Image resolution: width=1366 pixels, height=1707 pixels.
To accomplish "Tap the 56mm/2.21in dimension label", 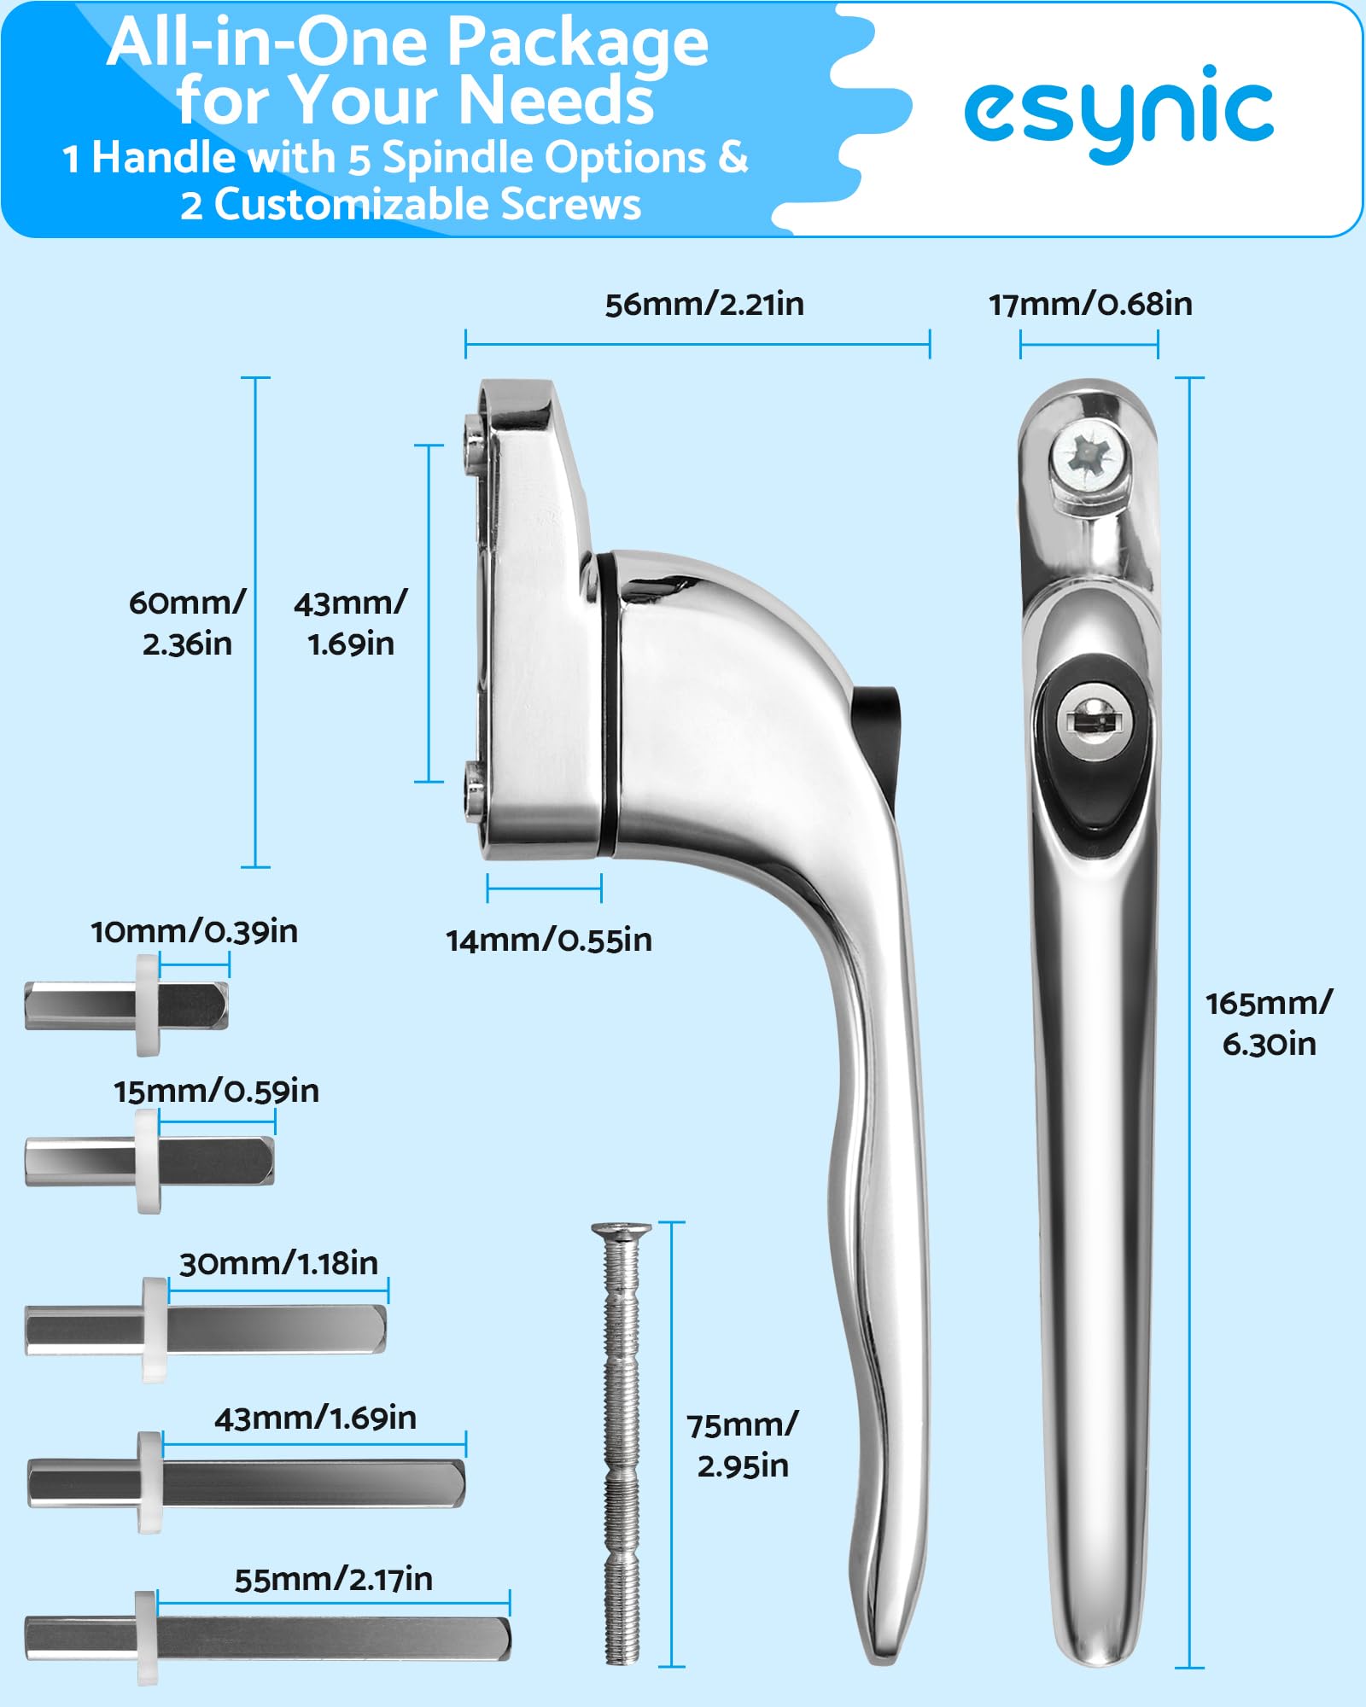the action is [704, 305].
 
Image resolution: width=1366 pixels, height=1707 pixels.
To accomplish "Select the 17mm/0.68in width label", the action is [1090, 305].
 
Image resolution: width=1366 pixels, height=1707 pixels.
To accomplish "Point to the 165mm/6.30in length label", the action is [1269, 1023].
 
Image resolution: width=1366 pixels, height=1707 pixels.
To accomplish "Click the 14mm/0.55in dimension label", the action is [549, 941].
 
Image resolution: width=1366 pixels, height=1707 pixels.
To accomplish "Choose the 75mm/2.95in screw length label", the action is [742, 1445].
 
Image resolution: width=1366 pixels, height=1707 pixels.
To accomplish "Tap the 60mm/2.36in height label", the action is [187, 623].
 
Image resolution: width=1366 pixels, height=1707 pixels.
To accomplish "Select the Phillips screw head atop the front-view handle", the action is [1086, 457].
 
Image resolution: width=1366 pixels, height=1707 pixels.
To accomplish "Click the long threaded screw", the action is [622, 1442].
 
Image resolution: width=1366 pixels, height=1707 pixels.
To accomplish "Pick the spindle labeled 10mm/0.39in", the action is [126, 1005].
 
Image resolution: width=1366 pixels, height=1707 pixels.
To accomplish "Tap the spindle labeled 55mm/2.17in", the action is [268, 1638].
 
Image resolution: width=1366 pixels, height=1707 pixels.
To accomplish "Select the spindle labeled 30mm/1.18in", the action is [205, 1329].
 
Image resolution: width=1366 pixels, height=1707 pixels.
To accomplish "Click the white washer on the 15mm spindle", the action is [148, 1161].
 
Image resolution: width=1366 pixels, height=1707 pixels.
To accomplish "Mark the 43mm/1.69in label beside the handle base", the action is [351, 623].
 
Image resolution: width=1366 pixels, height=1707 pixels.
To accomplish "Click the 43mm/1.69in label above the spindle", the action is [315, 1419].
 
